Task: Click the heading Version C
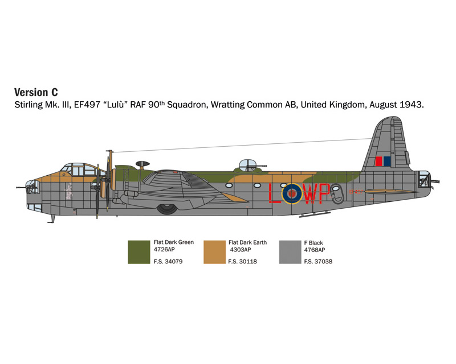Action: (36, 92)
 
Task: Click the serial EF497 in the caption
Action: (87, 105)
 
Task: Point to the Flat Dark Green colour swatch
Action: (139, 252)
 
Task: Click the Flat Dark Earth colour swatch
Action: (215, 252)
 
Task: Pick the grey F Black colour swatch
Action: (290, 252)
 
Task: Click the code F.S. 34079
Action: (168, 262)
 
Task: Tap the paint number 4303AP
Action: (241, 250)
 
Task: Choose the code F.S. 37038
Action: (318, 262)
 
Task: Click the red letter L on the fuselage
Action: (274, 193)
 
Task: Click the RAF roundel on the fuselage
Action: (292, 193)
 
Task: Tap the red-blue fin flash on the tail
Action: (382, 161)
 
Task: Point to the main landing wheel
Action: (167, 208)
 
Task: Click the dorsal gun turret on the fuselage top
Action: (249, 166)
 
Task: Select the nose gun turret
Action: (32, 187)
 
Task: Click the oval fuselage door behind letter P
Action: (337, 193)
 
